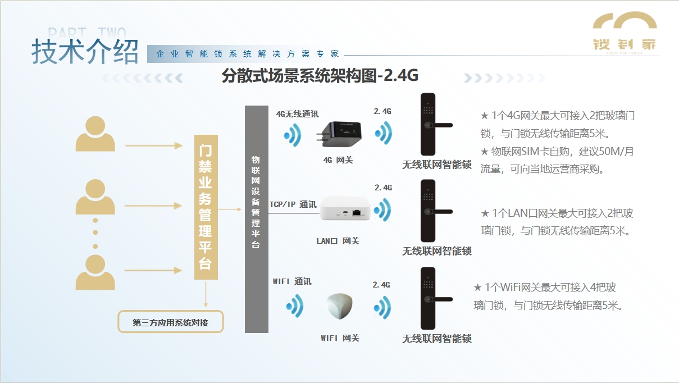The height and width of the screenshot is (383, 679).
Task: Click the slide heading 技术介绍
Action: [x=85, y=52]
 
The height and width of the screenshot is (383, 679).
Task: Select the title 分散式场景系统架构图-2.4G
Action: [x=320, y=75]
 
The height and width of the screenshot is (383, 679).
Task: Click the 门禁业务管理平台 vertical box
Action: [x=206, y=207]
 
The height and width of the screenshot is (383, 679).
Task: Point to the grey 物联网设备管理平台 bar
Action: [x=256, y=218]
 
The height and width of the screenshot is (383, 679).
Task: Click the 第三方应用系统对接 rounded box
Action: [x=170, y=322]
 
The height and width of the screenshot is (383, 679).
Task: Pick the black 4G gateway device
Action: [x=341, y=136]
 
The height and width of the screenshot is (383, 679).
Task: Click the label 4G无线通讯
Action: [x=297, y=114]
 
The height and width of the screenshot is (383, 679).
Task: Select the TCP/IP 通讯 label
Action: [x=293, y=204]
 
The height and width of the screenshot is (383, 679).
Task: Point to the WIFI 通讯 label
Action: [x=291, y=281]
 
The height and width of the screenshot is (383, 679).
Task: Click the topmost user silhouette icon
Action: [x=95, y=135]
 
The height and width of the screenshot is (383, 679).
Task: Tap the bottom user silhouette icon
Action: [x=95, y=272]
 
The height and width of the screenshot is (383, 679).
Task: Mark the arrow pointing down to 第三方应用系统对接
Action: [x=206, y=294]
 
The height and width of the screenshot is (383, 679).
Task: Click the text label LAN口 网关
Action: [x=338, y=241]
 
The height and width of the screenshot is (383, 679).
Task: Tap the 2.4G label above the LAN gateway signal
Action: [x=383, y=188]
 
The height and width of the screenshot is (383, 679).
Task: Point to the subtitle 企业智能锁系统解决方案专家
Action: [x=247, y=54]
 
